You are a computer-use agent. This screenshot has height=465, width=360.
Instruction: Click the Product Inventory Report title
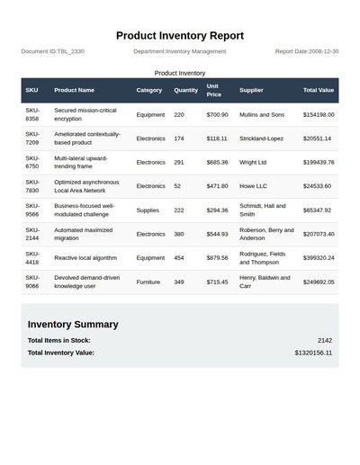point(180,35)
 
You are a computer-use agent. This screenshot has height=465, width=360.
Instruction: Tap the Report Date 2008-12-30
point(307,51)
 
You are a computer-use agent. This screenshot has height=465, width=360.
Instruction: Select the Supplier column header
point(252,90)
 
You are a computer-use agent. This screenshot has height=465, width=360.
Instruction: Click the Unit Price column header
point(213,90)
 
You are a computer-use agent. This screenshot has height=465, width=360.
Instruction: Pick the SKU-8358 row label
point(32,114)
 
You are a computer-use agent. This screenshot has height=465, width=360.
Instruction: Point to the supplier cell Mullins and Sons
point(262,114)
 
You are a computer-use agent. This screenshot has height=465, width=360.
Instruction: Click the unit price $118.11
point(217,139)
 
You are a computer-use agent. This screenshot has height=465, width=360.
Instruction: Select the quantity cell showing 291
point(179,162)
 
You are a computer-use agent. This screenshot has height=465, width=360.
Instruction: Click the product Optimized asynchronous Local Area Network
point(86,186)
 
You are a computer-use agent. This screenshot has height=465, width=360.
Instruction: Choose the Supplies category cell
point(148,210)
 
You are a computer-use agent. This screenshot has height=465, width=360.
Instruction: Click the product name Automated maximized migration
point(84,234)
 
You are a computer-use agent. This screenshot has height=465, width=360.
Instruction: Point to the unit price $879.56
point(217,257)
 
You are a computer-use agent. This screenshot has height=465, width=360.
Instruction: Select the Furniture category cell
point(148,282)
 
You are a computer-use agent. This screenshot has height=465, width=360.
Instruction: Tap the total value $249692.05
point(319,282)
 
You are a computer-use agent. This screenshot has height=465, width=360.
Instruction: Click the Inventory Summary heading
point(73,324)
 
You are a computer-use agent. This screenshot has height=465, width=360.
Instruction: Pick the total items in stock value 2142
point(325,340)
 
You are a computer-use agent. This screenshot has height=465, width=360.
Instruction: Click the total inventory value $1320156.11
point(313,353)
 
